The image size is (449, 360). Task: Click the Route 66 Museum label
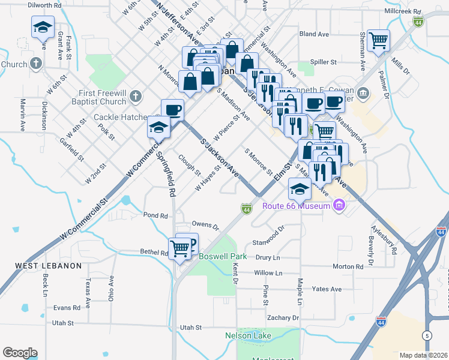coord(297,206)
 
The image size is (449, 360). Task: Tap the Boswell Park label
coord(218,255)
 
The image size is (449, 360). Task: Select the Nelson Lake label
coord(248,335)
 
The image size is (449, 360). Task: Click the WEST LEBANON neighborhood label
coord(48,266)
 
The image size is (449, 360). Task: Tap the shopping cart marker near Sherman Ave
coord(379,41)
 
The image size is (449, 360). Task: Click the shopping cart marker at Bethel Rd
coord(180,247)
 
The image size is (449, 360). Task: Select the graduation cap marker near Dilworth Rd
coord(43,26)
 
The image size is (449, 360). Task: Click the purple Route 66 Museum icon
coord(339,206)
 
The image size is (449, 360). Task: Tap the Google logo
coord(20,353)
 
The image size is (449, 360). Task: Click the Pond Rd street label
coord(154,215)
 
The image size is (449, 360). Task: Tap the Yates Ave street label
coord(327,289)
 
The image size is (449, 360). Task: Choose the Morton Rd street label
coord(348,266)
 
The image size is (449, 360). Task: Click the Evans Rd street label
coord(66,308)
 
